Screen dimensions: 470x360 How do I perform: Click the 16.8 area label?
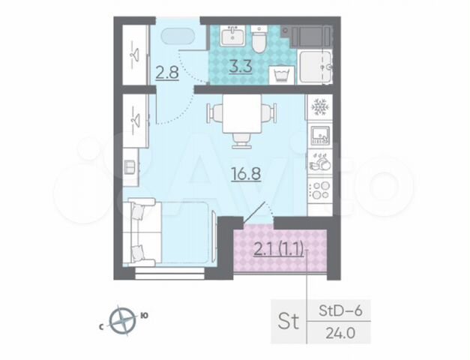(x=246, y=174)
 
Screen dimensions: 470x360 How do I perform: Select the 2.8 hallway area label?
(x=167, y=73)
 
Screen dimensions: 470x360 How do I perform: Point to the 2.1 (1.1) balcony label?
(x=279, y=250)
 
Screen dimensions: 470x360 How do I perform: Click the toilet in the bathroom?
(x=259, y=40)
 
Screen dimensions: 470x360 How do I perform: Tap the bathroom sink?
(x=232, y=35)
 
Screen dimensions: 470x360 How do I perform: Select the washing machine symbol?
(x=282, y=75)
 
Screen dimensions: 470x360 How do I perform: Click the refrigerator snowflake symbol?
(x=320, y=107)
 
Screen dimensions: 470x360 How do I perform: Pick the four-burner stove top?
(x=320, y=190)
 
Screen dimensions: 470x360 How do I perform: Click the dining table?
(x=242, y=114)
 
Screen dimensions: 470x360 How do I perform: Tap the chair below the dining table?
(x=242, y=140)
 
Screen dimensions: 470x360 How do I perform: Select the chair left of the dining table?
(x=215, y=112)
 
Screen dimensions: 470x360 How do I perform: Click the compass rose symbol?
(x=123, y=320)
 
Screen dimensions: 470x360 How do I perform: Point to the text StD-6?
(x=340, y=310)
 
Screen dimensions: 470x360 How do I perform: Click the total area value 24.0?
(x=340, y=333)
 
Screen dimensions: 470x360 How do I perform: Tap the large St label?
(x=289, y=321)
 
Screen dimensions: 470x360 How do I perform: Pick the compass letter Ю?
(x=144, y=315)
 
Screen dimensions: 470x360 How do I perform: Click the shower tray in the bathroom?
(x=316, y=67)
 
